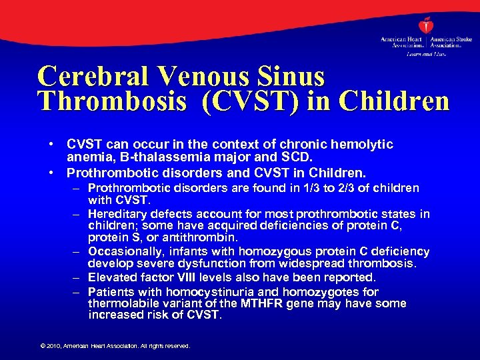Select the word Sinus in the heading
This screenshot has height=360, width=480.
(291, 76)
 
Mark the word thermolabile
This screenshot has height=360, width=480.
(119, 303)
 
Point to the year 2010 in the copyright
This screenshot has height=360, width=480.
(53, 346)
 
